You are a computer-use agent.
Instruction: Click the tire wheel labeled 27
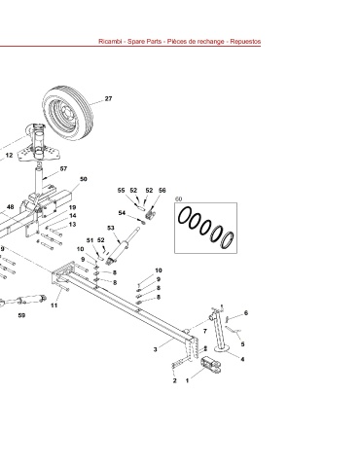coord(68,113)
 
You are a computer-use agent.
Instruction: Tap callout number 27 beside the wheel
coord(108,98)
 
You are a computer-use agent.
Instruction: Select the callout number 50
coord(84,179)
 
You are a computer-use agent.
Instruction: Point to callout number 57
coord(63,168)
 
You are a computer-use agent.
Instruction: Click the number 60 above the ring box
coord(178,198)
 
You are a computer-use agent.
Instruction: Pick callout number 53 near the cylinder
coord(111,228)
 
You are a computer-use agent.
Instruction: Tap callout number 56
coord(162,191)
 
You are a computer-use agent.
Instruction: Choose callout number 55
coord(121,191)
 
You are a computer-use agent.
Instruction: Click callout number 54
coord(122,213)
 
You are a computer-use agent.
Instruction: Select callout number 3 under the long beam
coord(156,349)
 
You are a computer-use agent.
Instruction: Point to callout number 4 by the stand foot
coord(242,359)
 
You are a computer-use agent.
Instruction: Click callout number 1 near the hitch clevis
coord(187,380)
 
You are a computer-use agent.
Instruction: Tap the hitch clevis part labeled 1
coord(211,364)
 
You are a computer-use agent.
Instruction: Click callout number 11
coord(54,305)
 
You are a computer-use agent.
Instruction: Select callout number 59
coord(21,315)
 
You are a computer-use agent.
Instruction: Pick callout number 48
coord(11,207)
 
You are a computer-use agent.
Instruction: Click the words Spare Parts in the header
coord(144,42)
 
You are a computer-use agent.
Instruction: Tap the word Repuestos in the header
coord(245,42)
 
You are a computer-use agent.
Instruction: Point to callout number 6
coord(246,313)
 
